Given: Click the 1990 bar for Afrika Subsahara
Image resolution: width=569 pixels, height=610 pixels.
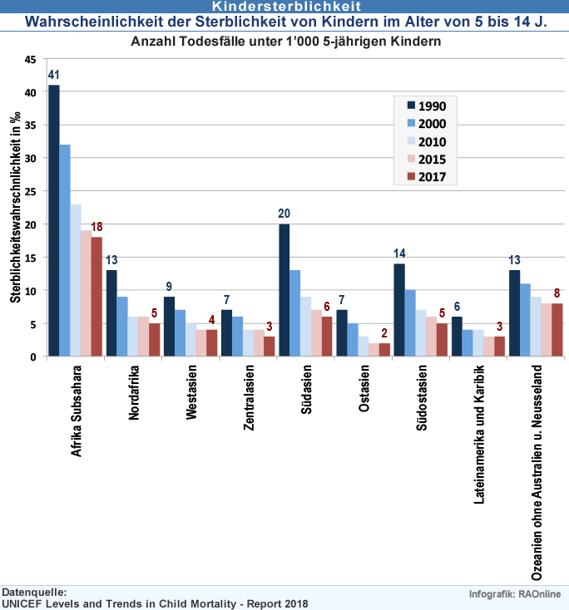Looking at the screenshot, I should [x=54, y=221].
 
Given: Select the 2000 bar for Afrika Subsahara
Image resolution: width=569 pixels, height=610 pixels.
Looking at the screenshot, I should [x=65, y=250].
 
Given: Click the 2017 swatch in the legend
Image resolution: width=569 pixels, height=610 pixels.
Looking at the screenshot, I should [x=410, y=177].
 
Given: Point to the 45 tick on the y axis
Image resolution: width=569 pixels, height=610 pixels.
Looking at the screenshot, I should [x=32, y=60].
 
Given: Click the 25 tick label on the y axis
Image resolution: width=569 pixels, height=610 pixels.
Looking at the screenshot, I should [x=32, y=192].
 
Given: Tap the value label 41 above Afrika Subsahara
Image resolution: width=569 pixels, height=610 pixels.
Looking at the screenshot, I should [x=54, y=75].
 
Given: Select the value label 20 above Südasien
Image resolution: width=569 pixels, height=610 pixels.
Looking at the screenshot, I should [x=284, y=214].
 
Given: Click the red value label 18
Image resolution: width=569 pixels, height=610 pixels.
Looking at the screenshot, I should [x=96, y=227].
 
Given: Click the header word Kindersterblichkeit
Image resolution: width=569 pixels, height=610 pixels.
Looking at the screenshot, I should [x=284, y=6].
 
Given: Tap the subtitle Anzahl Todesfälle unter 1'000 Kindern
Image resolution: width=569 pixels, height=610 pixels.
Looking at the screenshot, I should [x=285, y=40].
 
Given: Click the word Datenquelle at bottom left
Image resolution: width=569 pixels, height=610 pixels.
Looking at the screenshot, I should [x=34, y=591].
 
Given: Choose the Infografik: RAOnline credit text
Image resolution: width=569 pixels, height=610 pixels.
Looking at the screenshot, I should [x=516, y=593].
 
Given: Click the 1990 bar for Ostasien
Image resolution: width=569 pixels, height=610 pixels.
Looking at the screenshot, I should [x=341, y=333].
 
